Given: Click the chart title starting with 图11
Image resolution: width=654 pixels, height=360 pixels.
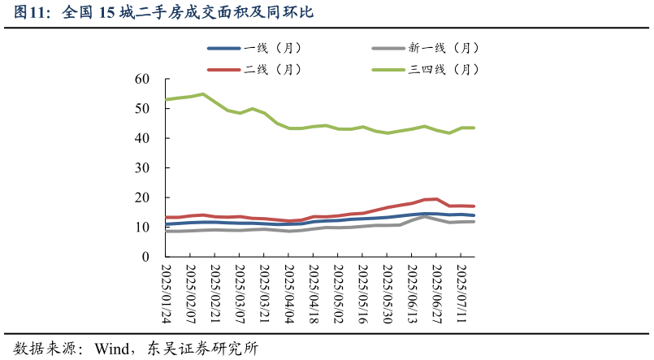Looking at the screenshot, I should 163,12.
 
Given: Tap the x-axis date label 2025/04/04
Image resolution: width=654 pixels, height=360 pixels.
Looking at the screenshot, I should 288,293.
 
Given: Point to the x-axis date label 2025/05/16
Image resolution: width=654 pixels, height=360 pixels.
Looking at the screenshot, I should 362,293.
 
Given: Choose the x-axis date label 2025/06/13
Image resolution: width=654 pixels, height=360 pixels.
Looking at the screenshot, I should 412,293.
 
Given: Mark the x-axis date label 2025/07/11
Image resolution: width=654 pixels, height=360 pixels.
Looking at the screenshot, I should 461,293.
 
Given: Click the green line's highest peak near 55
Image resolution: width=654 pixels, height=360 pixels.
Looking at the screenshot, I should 202,94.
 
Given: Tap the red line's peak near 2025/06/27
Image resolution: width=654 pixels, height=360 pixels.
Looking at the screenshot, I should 436,198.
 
